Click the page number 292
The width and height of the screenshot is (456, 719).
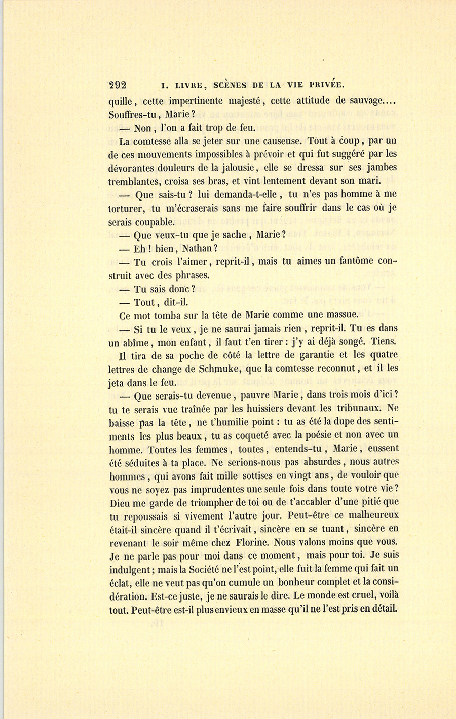coord(118,85)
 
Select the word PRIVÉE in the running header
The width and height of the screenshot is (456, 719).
coord(325,85)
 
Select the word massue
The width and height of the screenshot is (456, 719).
coord(339,314)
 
